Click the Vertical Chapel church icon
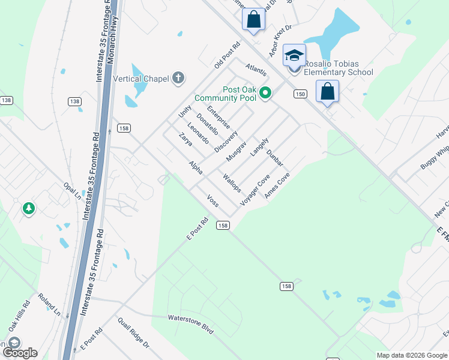click(x=178, y=77)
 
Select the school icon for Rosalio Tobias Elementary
click(x=294, y=56)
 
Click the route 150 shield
click(x=300, y=94)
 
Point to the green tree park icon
click(x=28, y=208)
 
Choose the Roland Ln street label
click(x=49, y=304)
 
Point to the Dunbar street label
click(x=274, y=158)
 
